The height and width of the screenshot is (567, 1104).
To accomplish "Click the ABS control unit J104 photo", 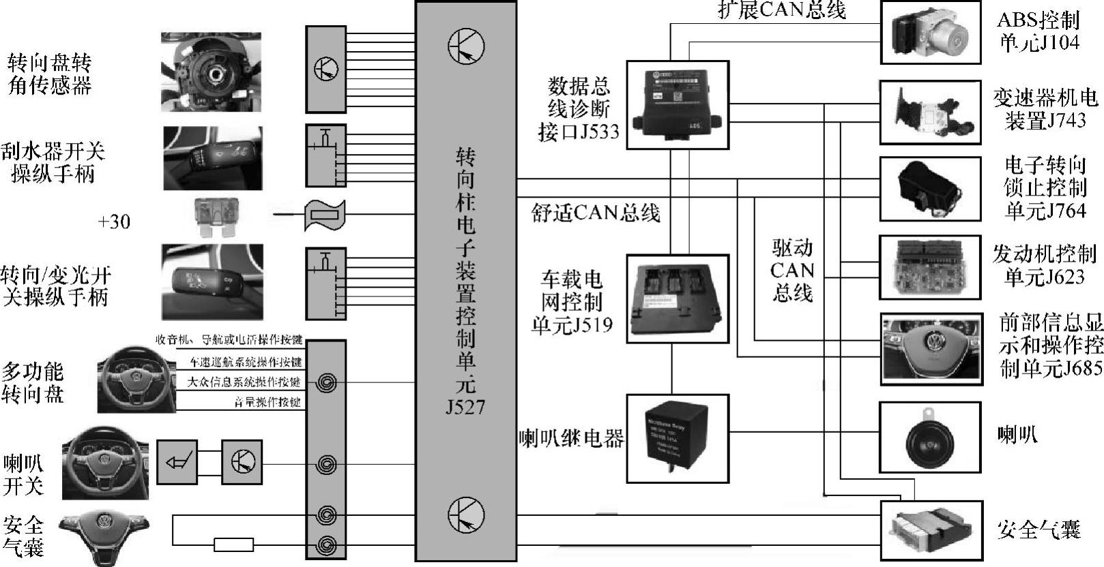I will (x=930, y=33).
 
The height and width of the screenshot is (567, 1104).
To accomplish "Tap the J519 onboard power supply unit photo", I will (x=677, y=300).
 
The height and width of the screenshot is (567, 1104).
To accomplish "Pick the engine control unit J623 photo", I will (x=929, y=266).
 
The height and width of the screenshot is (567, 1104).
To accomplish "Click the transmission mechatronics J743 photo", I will (x=929, y=112).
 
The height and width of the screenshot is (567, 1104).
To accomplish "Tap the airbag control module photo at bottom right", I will (x=929, y=530).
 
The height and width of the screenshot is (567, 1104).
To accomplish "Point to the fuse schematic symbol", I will (x=325, y=216).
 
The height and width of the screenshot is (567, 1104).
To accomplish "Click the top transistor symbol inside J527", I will (x=466, y=46).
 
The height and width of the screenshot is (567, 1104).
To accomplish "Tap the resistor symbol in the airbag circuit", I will (x=233, y=545).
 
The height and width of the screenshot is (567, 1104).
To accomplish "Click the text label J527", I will (x=466, y=408).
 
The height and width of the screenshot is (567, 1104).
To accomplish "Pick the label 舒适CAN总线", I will (x=596, y=213).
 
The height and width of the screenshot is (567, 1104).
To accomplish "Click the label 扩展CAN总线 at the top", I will (x=782, y=10).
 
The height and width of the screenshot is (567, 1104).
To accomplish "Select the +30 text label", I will (x=114, y=222).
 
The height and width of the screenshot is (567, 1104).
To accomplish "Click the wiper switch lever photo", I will (x=212, y=158).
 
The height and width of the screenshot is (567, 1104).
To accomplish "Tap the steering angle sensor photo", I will (x=212, y=71).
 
